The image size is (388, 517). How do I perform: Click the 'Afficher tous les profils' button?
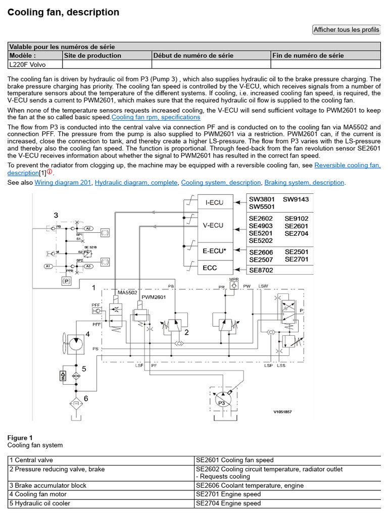pyautogui.click(x=346, y=30)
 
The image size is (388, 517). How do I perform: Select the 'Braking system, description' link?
pyautogui.click(x=304, y=182)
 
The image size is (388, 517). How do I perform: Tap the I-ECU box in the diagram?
pyautogui.click(x=215, y=202)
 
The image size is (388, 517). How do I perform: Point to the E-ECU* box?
pyautogui.click(x=215, y=250)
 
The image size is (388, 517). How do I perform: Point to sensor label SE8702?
pyautogui.click(x=261, y=271)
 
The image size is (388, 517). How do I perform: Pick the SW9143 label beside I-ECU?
pyautogui.click(x=296, y=199)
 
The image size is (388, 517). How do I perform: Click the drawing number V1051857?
pyautogui.click(x=283, y=412)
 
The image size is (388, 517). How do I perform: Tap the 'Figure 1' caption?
pyautogui.click(x=20, y=438)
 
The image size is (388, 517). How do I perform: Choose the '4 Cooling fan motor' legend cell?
pyautogui.click(x=101, y=494)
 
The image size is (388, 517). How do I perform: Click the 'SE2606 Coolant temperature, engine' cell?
pyautogui.click(x=287, y=485)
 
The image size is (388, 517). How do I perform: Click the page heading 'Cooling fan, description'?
pyautogui.click(x=63, y=12)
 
